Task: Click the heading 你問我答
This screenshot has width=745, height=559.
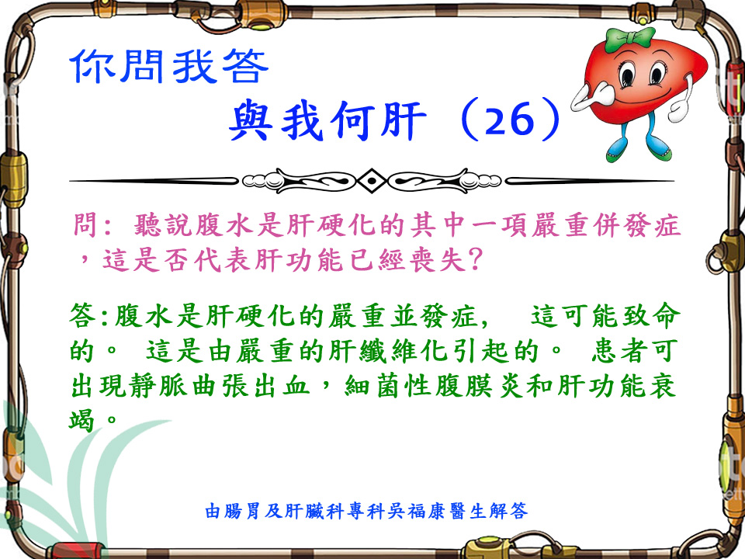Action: tap(169, 67)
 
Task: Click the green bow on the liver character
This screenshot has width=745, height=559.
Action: tap(630, 39)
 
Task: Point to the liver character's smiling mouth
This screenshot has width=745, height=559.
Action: tap(646, 92)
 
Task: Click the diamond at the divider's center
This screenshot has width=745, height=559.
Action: tap(372, 181)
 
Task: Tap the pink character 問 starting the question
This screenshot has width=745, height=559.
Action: tap(86, 225)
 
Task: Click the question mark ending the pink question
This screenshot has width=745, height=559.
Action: tap(475, 259)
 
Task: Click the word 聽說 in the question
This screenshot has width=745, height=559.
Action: tap(163, 225)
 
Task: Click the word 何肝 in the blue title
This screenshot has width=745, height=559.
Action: tap(378, 120)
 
